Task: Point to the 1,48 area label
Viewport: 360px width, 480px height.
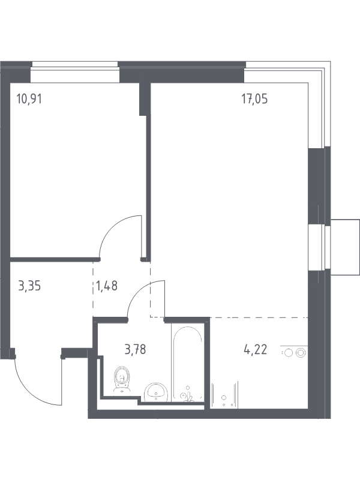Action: point(106,284)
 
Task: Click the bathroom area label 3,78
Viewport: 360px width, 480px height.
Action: point(135,348)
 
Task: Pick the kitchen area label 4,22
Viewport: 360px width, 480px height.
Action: point(255,348)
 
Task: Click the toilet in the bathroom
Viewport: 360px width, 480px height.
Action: point(122,379)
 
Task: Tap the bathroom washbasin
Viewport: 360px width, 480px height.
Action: point(157,392)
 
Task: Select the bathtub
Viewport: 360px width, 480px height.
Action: point(187,363)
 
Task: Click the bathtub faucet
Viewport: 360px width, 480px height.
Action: point(187,394)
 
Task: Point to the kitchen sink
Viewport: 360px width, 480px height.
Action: point(225,396)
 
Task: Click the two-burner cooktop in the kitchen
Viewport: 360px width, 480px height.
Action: point(293,353)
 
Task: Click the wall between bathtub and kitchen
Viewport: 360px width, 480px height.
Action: point(208,366)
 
